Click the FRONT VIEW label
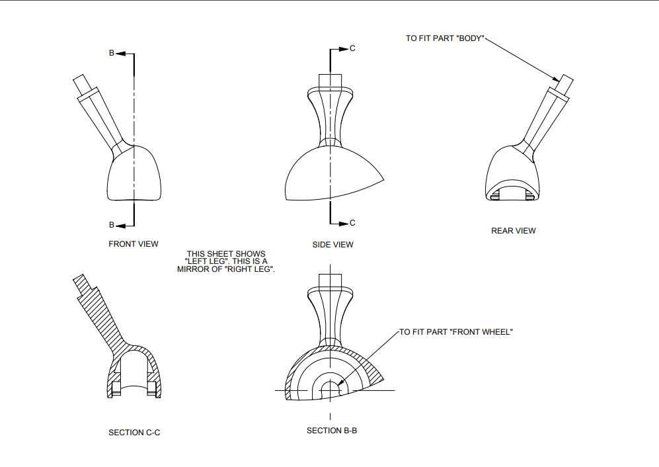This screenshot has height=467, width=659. point(134,244)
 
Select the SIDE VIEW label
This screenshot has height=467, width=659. point(332,245)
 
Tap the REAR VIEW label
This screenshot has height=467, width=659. point(513,231)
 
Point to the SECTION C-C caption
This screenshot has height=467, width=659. point(134,433)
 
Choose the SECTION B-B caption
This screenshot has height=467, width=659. point(332,431)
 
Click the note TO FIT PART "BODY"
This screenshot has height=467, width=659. point(445,39)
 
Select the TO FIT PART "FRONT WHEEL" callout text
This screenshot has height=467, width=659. point(456,332)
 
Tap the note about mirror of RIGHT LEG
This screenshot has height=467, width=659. point(225,262)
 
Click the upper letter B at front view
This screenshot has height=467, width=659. point(112,53)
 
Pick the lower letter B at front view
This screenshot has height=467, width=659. point(112,225)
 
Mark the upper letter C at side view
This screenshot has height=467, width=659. point(352,49)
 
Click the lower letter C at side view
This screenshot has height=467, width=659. point(352,223)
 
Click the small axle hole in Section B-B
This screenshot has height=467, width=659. point(330,390)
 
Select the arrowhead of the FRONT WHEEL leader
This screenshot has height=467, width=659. point(339,382)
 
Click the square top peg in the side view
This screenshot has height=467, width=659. point(330,80)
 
